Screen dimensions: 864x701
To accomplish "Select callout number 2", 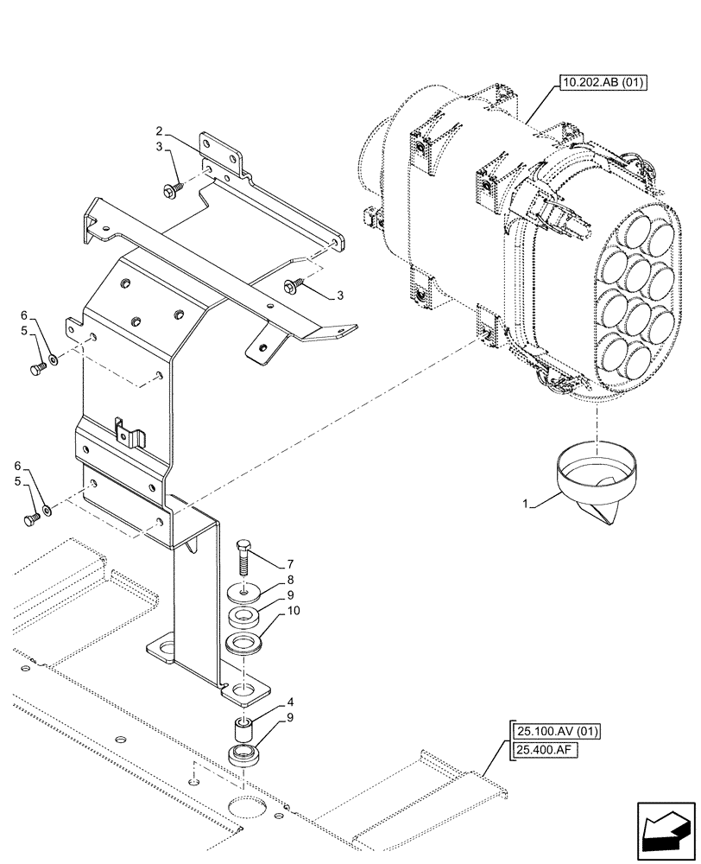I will (160, 132).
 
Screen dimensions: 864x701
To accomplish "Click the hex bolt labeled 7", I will (244, 560).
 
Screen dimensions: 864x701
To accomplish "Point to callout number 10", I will (294, 612).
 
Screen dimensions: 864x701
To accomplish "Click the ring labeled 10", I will (245, 644).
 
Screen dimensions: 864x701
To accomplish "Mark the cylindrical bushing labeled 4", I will (244, 727).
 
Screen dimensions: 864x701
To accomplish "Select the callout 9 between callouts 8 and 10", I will (292, 596).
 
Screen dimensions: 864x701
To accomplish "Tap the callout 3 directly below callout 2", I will (160, 149).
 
